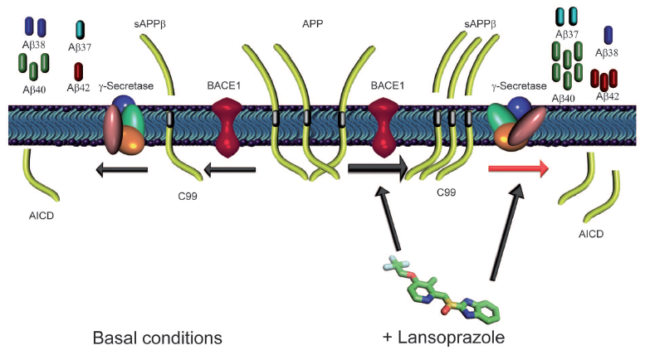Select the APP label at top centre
tap(314, 24)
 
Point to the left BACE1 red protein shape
tap(231, 125)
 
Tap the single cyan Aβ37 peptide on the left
tap(79, 29)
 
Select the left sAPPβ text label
tap(149, 22)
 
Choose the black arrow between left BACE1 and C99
tap(231, 170)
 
